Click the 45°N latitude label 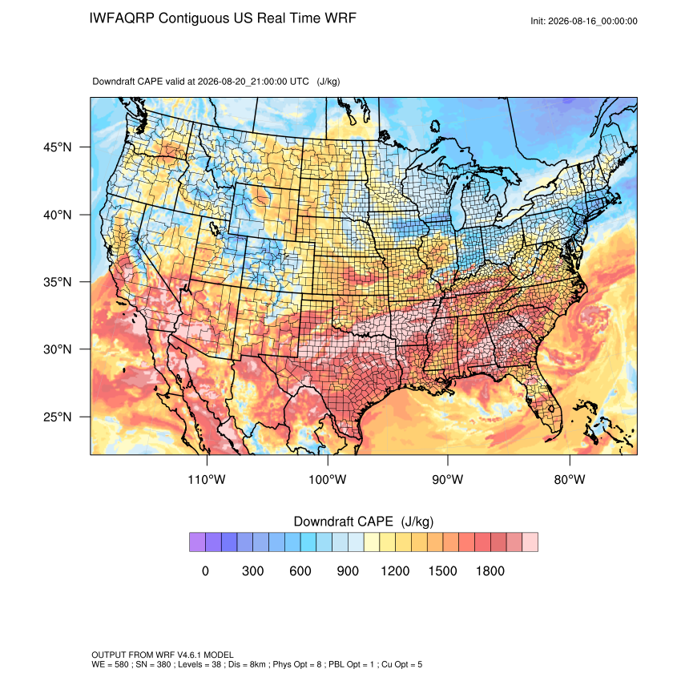point(58,147)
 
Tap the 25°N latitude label point(58,417)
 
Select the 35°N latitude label point(58,282)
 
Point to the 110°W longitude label point(207,479)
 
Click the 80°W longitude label point(570,479)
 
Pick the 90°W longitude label point(447,479)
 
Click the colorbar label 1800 point(490,570)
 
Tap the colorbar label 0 point(205,570)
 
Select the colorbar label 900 point(348,570)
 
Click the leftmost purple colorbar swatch point(197,542)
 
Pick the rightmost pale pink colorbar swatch point(530,542)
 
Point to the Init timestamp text point(584,21)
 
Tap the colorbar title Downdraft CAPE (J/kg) point(364,522)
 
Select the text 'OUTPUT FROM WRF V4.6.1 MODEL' point(163,655)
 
